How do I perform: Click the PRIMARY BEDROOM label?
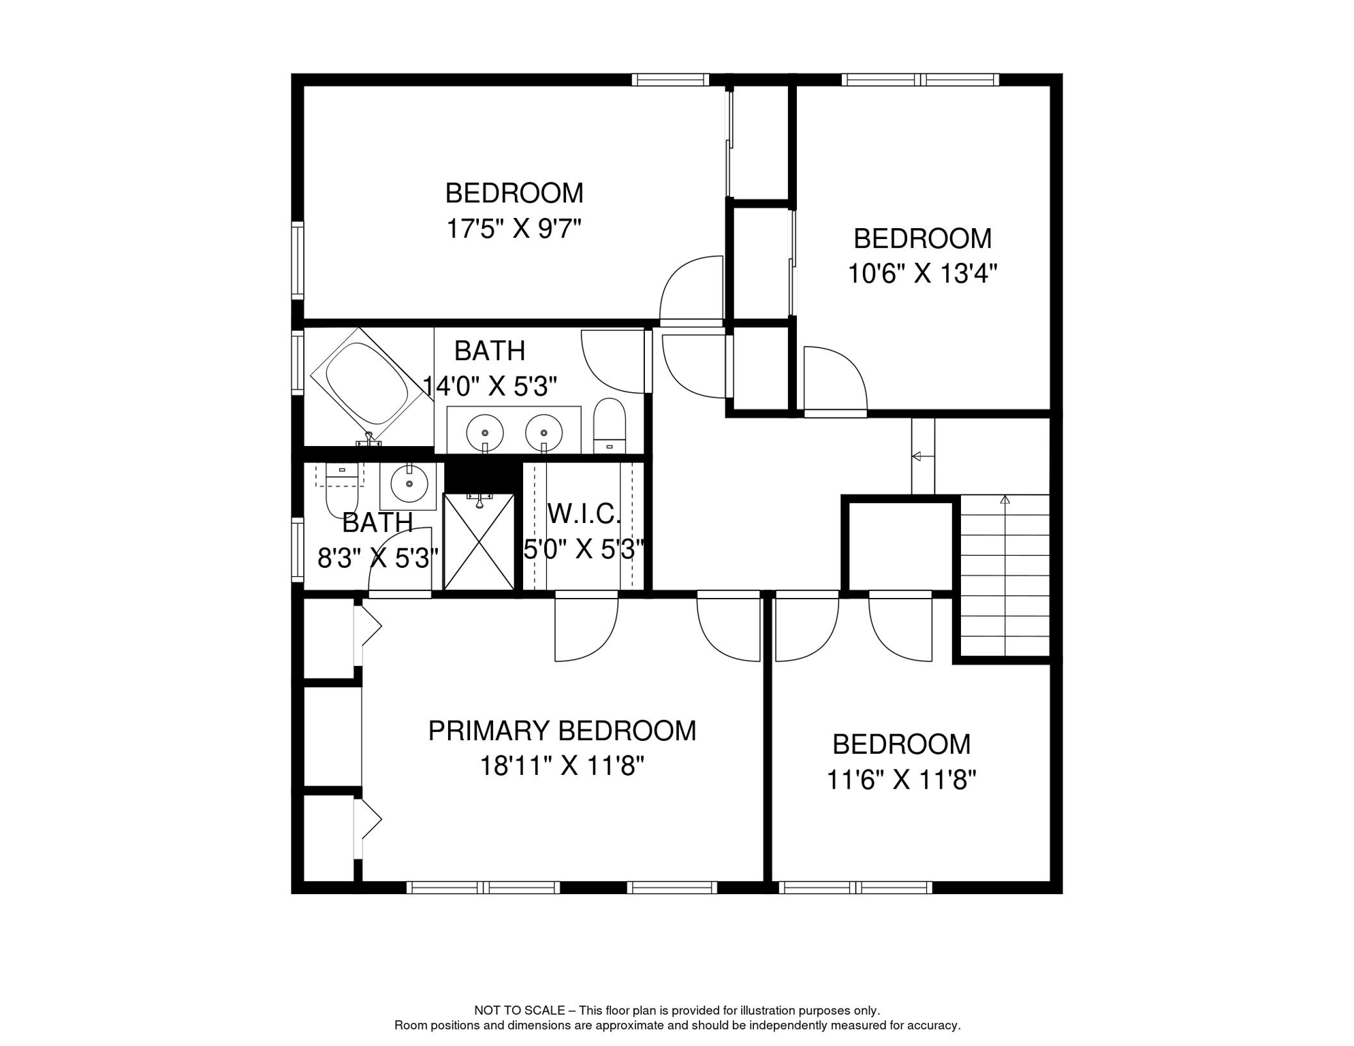(562, 731)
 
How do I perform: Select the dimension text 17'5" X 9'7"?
(514, 229)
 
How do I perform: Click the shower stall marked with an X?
(478, 542)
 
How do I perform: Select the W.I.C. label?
(584, 514)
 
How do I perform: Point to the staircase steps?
(1004, 575)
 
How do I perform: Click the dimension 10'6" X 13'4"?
(922, 274)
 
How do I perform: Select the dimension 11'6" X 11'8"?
(901, 780)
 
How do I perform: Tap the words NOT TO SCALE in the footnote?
(519, 1011)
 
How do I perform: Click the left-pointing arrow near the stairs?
(917, 456)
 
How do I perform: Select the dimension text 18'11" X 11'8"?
(562, 767)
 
